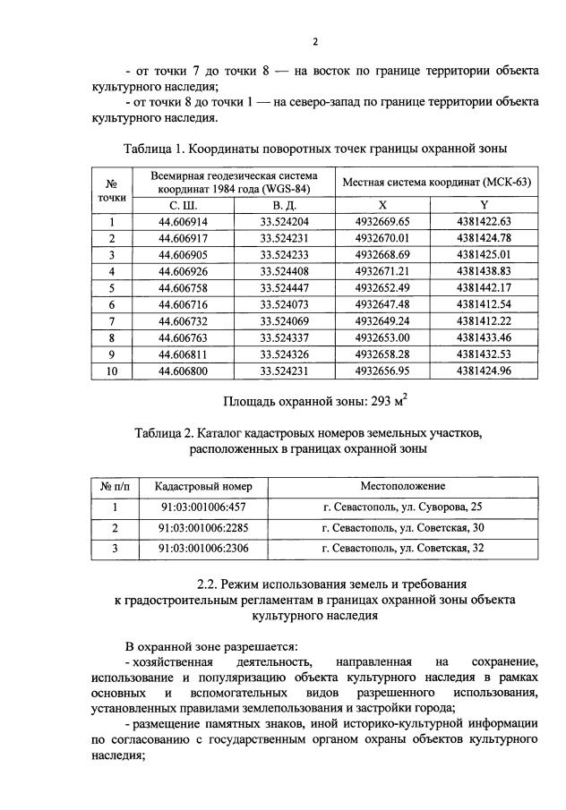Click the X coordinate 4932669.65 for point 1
click(x=382, y=222)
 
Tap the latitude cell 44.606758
click(x=183, y=287)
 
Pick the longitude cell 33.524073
click(x=284, y=303)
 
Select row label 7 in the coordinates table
click(x=113, y=320)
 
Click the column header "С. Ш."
click(x=183, y=205)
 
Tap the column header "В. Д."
click(x=284, y=205)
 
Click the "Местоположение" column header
click(x=402, y=485)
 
